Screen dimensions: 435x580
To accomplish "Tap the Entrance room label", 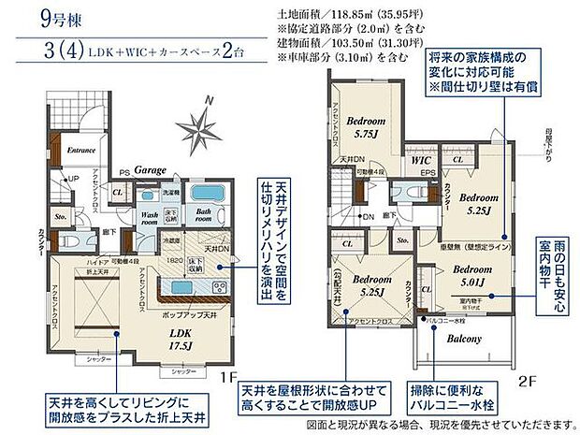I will tap(81, 150).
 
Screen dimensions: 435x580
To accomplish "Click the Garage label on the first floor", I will tap(149, 172).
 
